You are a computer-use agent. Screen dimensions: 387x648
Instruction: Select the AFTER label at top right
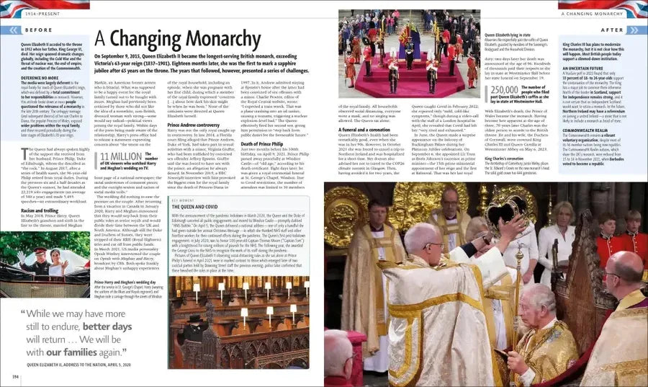coord(611,30)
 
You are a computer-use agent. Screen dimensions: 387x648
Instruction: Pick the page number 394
coord(15,376)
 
